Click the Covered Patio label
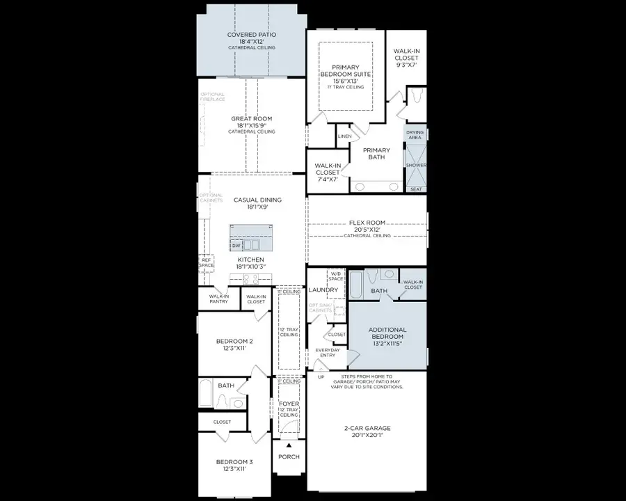pos(252,35)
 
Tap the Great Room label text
pos(252,119)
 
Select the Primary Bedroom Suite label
pos(346,70)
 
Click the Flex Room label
pos(367,223)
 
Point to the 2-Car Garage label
pos(367,429)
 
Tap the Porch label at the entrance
pos(289,457)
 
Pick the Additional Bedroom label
pos(387,333)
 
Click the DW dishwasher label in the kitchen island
pos(236,246)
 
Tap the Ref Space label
pos(207,262)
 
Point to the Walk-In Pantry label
pos(218,299)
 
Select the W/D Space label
pos(336,276)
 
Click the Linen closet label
pos(344,136)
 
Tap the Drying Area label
pos(415,134)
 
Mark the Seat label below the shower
pos(416,189)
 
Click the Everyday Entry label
pos(328,353)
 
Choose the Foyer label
pos(289,404)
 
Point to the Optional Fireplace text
pos(213,97)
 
